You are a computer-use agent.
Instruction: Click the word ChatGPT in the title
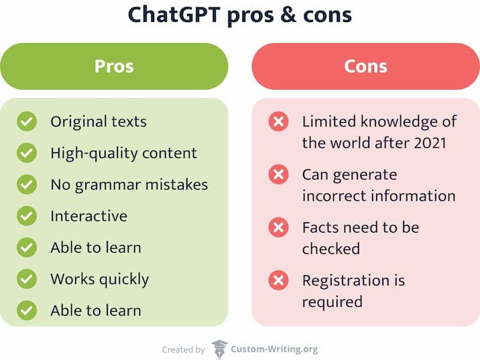coord(174,14)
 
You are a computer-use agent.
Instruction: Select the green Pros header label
coord(114,66)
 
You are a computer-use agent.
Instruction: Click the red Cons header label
coord(365,66)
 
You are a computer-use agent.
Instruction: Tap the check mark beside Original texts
coord(27,121)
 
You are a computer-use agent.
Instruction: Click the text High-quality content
coord(123,154)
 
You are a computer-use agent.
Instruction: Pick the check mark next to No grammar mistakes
coord(27,184)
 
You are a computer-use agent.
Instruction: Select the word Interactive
coord(88,216)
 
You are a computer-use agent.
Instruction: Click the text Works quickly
coord(99,280)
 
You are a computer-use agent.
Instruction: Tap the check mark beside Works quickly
coord(27,279)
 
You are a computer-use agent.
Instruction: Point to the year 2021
coord(430,143)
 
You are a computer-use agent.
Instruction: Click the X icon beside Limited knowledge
coord(279,121)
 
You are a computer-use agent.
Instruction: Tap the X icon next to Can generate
coord(279,174)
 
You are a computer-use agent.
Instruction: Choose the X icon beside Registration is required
coord(279,280)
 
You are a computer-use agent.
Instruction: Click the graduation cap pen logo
coord(219,349)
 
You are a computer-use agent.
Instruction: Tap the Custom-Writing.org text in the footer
coord(274,349)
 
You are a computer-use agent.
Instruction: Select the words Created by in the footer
coord(184,349)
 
